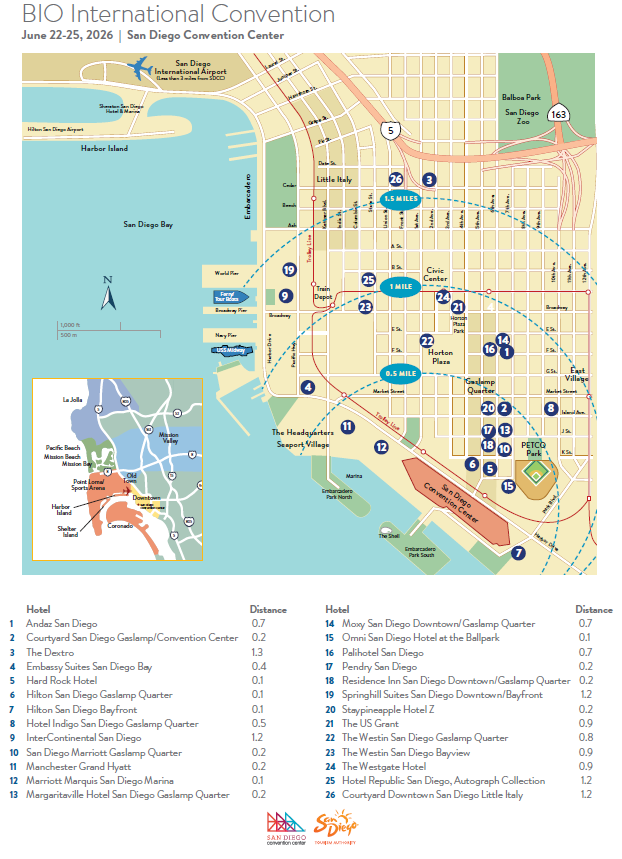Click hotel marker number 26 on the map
(396, 179)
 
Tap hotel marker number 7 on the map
(518, 552)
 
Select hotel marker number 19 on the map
(289, 270)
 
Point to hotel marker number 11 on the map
(347, 427)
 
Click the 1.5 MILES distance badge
(401, 199)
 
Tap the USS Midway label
(230, 351)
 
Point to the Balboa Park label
(520, 98)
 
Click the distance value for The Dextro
(258, 652)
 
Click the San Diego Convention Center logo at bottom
(283, 826)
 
